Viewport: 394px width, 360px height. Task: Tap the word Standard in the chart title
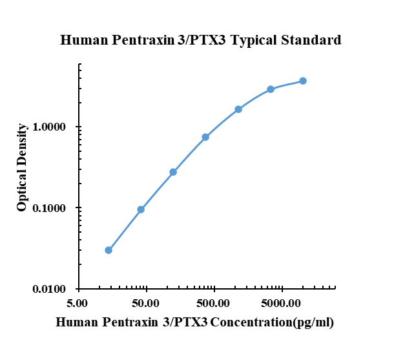311,41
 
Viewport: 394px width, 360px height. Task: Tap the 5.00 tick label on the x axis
78,302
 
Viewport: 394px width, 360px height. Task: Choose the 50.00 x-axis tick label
146,302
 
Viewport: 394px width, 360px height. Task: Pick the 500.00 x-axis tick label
214,302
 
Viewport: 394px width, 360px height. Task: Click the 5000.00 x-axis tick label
282,302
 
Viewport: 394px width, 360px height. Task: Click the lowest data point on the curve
109,250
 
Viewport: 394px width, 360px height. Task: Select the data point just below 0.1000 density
141,209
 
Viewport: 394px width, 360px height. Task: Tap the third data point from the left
173,172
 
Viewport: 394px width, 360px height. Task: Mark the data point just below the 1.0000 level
205,137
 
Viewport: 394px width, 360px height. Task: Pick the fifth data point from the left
238,109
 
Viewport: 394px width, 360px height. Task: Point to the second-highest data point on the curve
271,89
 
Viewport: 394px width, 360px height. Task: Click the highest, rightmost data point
303,81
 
